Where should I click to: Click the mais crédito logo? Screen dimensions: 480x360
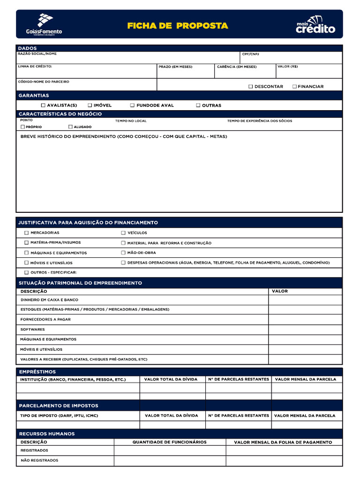[x=315, y=25]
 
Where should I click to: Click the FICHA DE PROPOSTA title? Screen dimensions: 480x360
[x=178, y=26]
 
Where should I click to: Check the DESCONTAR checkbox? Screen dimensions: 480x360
[x=251, y=87]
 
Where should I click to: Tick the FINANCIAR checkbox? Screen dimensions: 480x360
[x=294, y=87]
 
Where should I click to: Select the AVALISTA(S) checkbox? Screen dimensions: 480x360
[x=44, y=105]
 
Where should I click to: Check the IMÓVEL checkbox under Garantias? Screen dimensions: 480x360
[x=90, y=105]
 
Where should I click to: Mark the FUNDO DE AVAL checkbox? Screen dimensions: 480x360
[x=133, y=105]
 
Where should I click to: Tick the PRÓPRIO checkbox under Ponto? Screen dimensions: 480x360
[x=22, y=127]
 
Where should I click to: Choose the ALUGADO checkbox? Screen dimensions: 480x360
[x=70, y=127]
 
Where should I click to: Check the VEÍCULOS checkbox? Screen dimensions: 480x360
[x=123, y=233]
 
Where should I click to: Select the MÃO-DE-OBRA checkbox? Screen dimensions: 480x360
[x=123, y=253]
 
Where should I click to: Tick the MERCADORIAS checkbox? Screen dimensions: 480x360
[x=26, y=233]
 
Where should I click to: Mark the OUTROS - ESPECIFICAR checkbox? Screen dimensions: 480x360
[x=26, y=272]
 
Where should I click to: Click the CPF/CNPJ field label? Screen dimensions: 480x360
[x=250, y=54]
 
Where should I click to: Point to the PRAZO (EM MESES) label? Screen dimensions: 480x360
[x=175, y=67]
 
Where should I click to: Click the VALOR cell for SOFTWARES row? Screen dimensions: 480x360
[x=305, y=330]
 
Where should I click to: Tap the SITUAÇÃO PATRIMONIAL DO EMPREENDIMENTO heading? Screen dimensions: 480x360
[x=80, y=283]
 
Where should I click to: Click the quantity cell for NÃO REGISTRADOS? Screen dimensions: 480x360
[x=170, y=461]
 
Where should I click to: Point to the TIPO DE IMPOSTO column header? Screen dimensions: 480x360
[x=59, y=416]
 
